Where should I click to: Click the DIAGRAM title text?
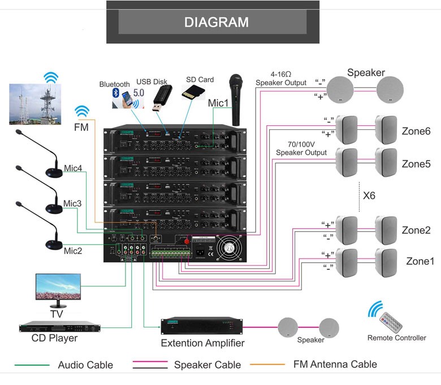(217, 23)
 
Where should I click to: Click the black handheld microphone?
(235, 99)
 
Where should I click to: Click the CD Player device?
(57, 327)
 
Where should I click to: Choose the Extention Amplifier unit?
(202, 326)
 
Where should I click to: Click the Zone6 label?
(416, 131)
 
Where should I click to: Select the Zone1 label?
(420, 261)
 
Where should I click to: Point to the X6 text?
(369, 196)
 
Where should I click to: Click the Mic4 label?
(72, 168)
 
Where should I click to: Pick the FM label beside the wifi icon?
(81, 128)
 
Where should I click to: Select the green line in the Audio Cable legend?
(33, 365)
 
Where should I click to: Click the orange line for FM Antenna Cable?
(266, 365)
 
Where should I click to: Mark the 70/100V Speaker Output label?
(301, 148)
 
